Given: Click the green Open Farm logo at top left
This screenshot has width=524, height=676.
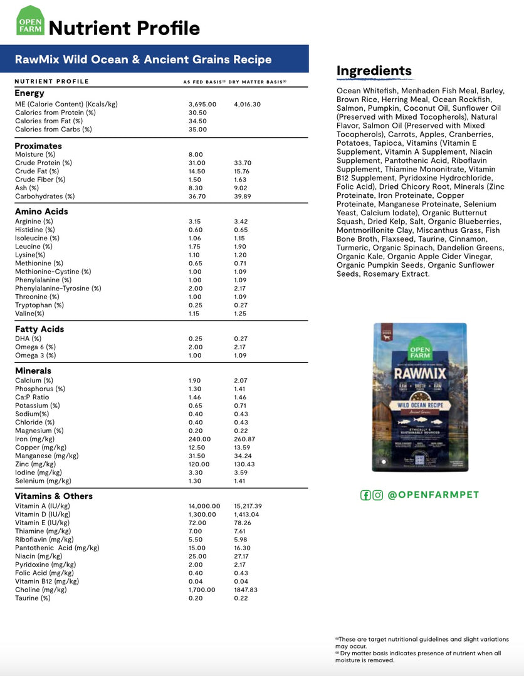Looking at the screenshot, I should click(x=30, y=21).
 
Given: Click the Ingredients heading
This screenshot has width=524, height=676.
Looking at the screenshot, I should click(x=374, y=71).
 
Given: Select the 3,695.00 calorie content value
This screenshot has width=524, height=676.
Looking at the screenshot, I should click(x=202, y=104).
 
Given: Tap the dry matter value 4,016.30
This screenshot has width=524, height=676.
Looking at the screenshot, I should click(x=247, y=104).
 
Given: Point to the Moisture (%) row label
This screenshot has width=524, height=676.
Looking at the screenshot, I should click(x=35, y=155).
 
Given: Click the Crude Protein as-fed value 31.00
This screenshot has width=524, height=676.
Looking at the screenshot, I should click(x=197, y=163).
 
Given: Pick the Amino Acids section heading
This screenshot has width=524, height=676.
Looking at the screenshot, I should click(x=41, y=212).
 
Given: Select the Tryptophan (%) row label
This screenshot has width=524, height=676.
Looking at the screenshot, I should click(x=39, y=305).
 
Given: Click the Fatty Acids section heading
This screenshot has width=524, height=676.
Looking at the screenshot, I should click(x=39, y=329).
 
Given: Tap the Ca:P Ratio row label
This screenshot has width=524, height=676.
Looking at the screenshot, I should click(x=32, y=397).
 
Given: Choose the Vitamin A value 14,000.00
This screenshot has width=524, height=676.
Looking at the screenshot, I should click(x=204, y=506).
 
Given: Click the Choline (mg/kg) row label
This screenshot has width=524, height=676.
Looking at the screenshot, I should click(x=41, y=590).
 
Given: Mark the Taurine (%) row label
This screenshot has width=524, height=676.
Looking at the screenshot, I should click(x=33, y=598).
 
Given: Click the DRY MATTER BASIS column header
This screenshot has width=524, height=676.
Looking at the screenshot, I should click(x=257, y=81).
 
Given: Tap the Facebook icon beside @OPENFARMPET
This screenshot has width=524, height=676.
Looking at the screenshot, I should click(x=365, y=495).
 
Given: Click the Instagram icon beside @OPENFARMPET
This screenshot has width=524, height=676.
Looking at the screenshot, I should click(x=378, y=495).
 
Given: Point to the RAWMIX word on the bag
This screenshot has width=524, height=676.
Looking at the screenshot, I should click(x=420, y=374).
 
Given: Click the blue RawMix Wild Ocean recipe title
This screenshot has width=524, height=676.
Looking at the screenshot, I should click(x=144, y=59).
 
